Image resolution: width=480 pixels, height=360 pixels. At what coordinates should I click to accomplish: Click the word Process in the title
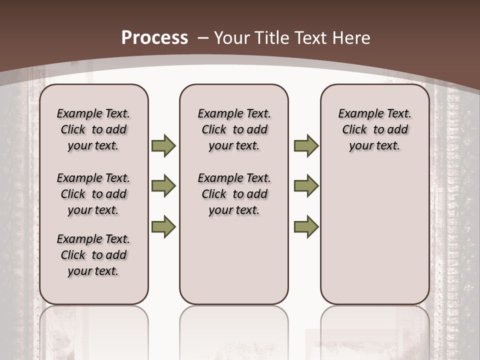[x=154, y=38]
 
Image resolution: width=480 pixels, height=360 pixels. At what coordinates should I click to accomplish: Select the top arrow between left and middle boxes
[x=163, y=145]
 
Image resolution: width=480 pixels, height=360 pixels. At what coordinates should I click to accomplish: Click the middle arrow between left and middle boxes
[x=163, y=186]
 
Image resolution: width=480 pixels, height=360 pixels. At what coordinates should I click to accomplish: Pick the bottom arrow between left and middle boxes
[x=163, y=227]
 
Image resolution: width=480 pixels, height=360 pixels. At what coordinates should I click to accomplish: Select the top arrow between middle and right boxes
[x=306, y=145]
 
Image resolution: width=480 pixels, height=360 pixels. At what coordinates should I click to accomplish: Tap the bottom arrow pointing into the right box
[x=306, y=227]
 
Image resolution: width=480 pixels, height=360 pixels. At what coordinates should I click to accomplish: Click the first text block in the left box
[x=93, y=129]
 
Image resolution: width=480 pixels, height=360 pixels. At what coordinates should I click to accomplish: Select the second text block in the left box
[x=93, y=194]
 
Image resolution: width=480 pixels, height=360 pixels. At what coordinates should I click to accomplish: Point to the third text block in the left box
[x=93, y=255]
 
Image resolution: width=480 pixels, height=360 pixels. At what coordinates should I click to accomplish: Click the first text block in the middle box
[x=234, y=129]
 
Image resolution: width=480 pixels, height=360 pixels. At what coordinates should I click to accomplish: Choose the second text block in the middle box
[x=234, y=194]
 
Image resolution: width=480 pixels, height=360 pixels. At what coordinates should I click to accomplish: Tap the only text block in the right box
[x=374, y=129]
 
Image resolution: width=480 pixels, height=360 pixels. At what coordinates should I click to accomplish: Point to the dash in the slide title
[x=203, y=38]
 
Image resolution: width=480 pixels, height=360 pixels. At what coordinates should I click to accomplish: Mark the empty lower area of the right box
[x=374, y=235]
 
